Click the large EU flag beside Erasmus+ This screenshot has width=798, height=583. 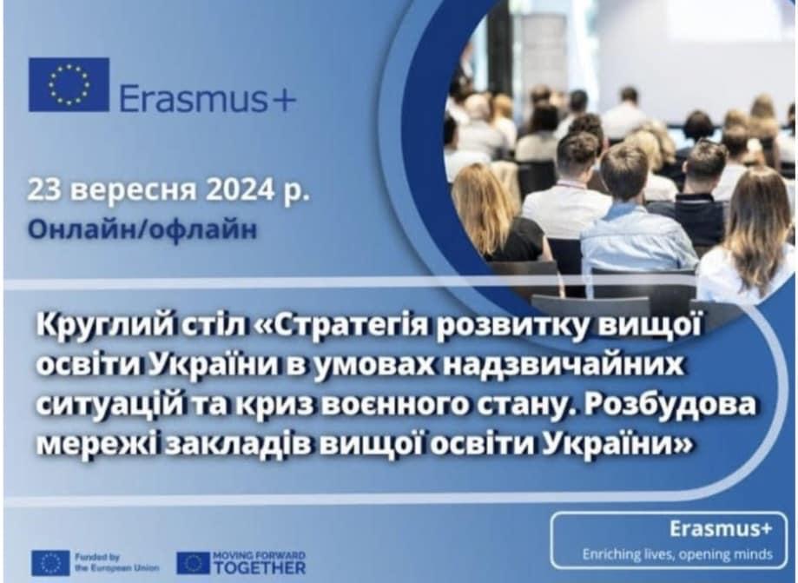click(x=69, y=84)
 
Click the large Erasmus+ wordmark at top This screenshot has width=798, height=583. click(x=208, y=97)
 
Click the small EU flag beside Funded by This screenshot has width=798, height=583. click(x=50, y=563)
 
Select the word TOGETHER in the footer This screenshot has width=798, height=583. click(x=259, y=567)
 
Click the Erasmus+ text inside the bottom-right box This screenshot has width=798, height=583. click(x=720, y=529)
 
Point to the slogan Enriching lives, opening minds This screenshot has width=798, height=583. click(x=678, y=554)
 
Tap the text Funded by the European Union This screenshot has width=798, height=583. click(x=116, y=563)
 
